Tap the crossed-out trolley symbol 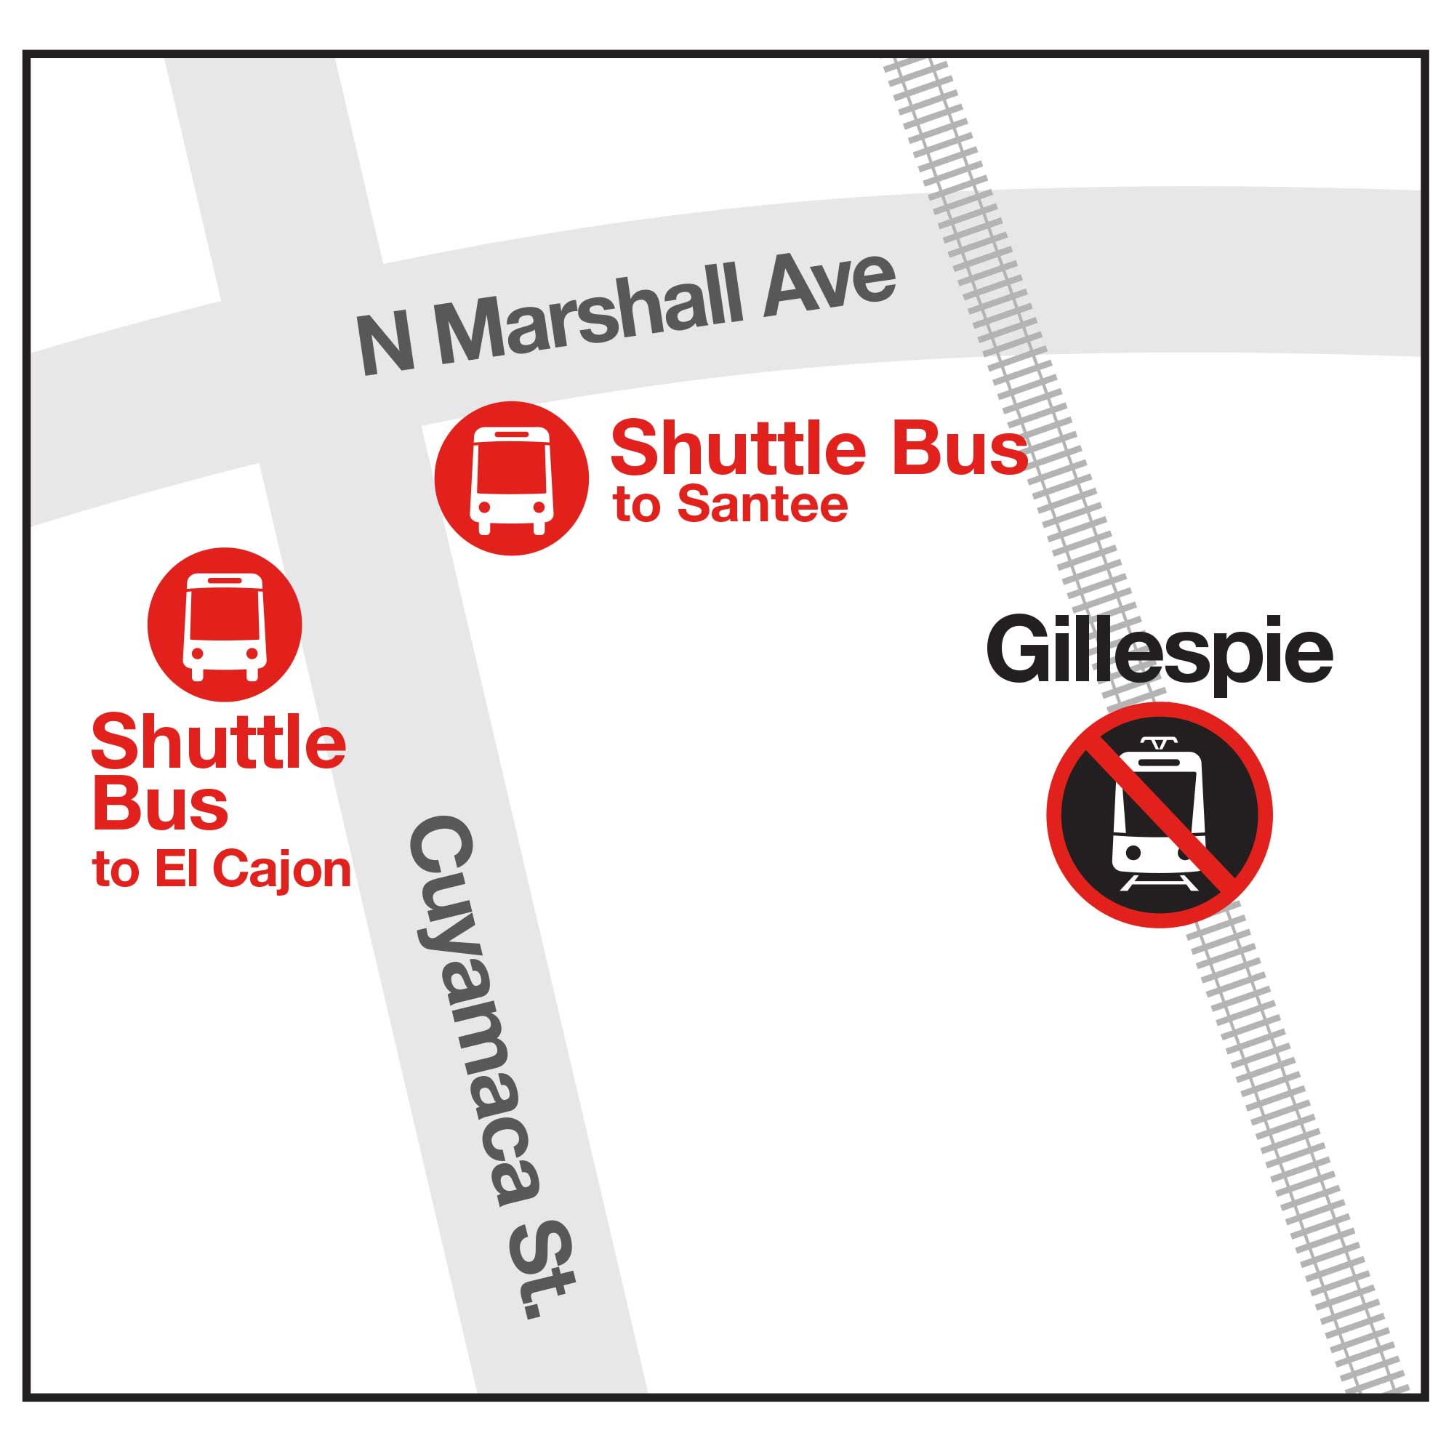point(1159,814)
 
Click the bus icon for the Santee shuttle point(511,478)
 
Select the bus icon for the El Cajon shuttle point(224,624)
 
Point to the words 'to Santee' point(730,505)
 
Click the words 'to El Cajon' point(221,870)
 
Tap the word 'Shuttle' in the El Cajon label point(218,743)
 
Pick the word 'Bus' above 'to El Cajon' point(159,806)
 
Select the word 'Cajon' point(281,870)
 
